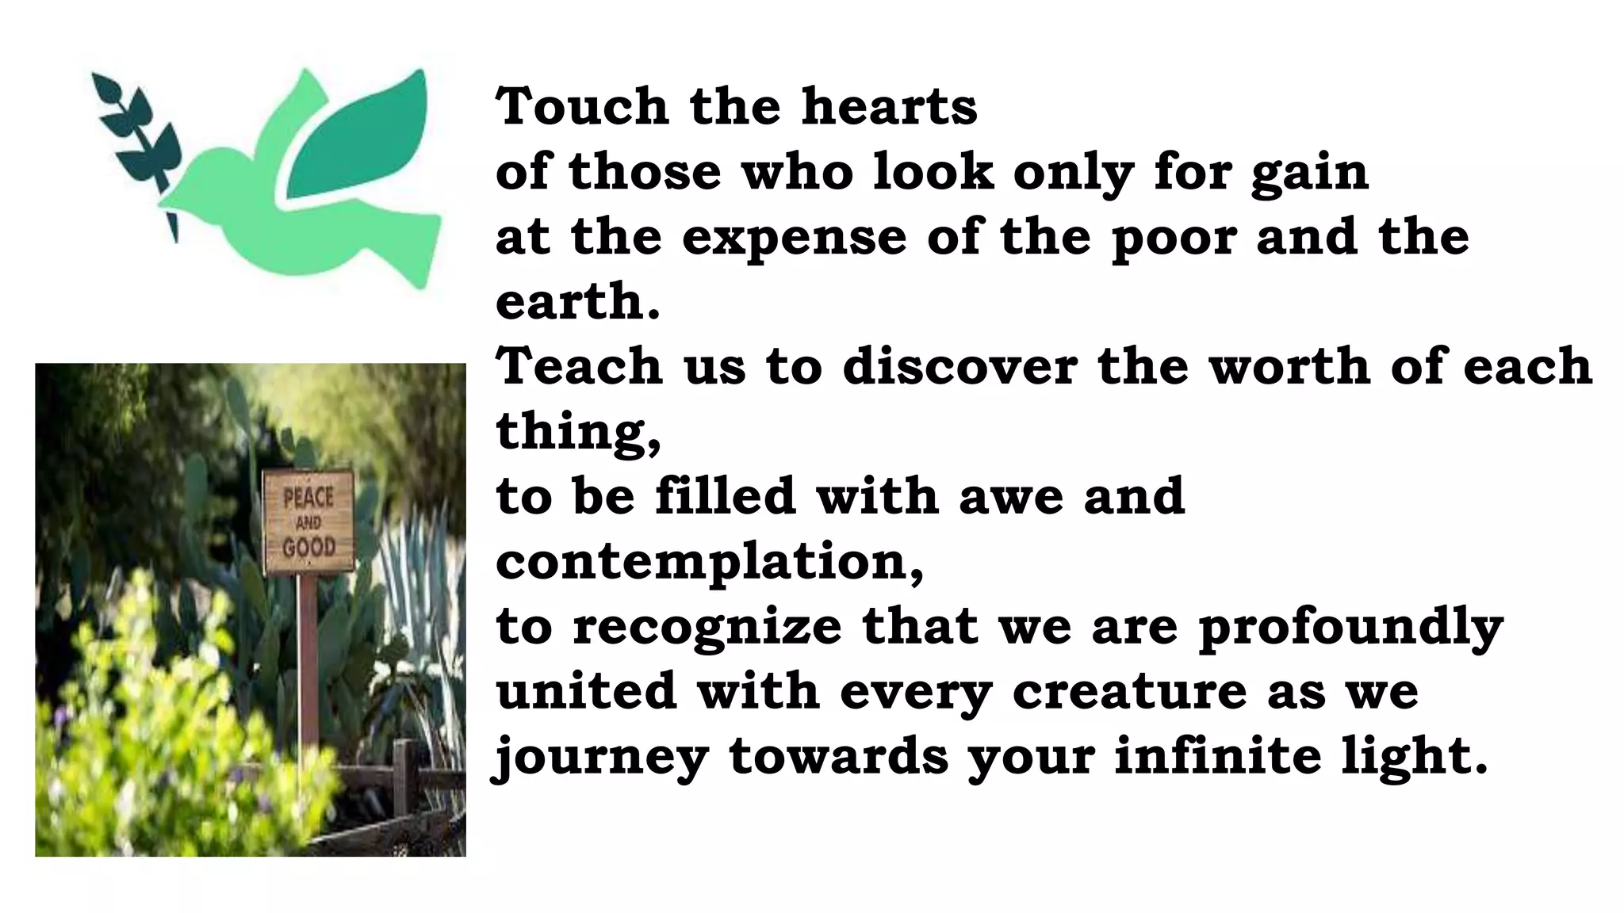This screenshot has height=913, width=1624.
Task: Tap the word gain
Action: pos(1309,173)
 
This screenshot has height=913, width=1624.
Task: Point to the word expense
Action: pos(794,238)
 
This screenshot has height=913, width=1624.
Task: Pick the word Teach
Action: pos(579,367)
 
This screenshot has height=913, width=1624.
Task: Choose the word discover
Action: pos(959,367)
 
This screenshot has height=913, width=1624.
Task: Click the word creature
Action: pos(1129,692)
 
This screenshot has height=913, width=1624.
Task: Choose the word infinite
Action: pos(1217,756)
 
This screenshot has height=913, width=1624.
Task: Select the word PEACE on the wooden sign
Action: pos(308,498)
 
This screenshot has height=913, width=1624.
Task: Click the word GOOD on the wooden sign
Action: pos(309,547)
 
